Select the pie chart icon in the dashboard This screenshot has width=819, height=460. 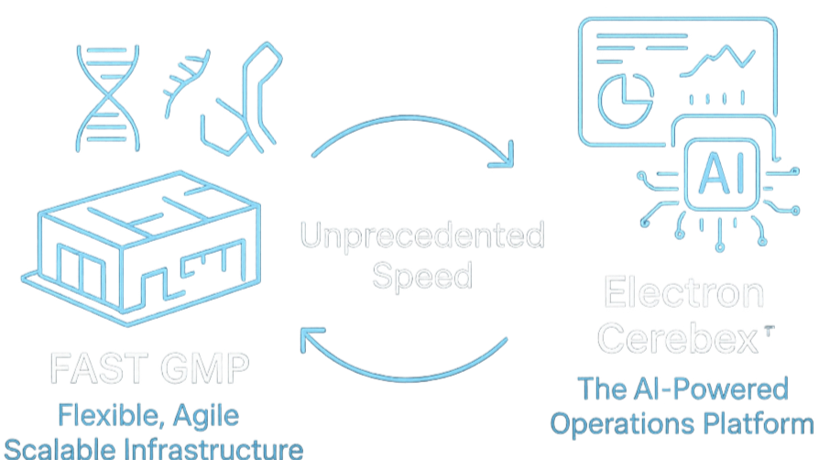[x=625, y=93]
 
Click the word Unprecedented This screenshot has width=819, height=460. [x=422, y=238]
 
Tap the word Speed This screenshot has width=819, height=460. [x=422, y=275]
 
